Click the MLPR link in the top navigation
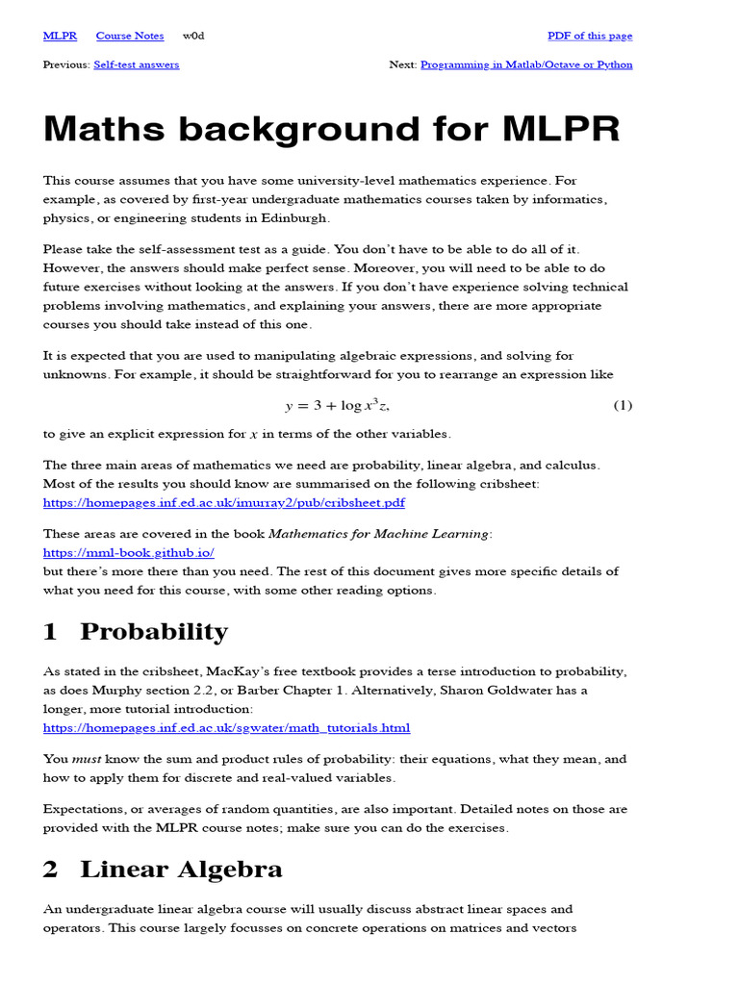(x=60, y=36)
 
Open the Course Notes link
(x=130, y=36)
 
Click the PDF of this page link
(x=590, y=36)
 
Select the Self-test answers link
(x=136, y=64)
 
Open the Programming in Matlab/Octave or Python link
(x=526, y=64)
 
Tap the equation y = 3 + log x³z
(x=337, y=406)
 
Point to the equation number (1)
(x=623, y=406)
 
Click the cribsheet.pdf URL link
(x=223, y=502)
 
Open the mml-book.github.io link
(x=129, y=552)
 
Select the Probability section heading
(x=154, y=632)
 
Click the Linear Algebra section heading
(x=181, y=870)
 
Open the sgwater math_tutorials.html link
(x=226, y=728)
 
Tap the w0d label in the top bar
(x=193, y=36)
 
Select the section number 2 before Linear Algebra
(x=51, y=870)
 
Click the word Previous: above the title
(x=66, y=64)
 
